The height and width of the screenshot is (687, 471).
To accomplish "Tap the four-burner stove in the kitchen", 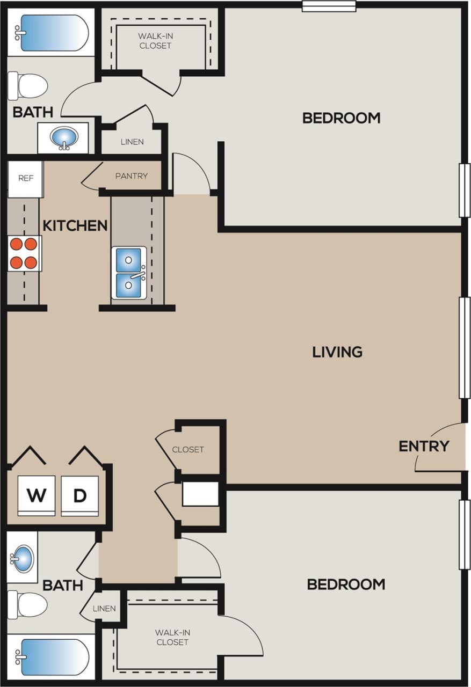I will [24, 253].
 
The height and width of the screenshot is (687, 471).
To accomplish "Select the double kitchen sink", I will [129, 272].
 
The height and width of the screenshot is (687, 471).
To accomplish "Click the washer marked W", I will [37, 495].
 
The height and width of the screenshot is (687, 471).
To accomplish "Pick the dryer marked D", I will [79, 495].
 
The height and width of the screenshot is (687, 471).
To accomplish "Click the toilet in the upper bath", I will [28, 86].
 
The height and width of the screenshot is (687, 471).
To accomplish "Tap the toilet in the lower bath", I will [27, 605].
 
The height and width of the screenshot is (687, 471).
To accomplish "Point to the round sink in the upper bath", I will [63, 138].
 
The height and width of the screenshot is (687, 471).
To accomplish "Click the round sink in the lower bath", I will [22, 559].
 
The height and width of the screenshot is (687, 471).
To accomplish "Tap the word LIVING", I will [337, 352].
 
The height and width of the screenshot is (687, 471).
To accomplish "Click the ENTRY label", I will [424, 446].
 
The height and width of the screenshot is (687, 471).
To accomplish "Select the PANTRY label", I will [131, 176].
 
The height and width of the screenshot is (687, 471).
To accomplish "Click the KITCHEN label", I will [75, 225].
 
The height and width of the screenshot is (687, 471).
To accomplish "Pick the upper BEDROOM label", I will [341, 118].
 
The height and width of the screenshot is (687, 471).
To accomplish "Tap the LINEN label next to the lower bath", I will [104, 609].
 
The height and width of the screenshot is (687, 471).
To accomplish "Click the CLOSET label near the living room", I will [188, 449].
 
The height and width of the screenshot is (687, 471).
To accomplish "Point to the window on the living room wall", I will [464, 347].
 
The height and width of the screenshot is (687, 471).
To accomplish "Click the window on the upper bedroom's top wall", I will [329, 6].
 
